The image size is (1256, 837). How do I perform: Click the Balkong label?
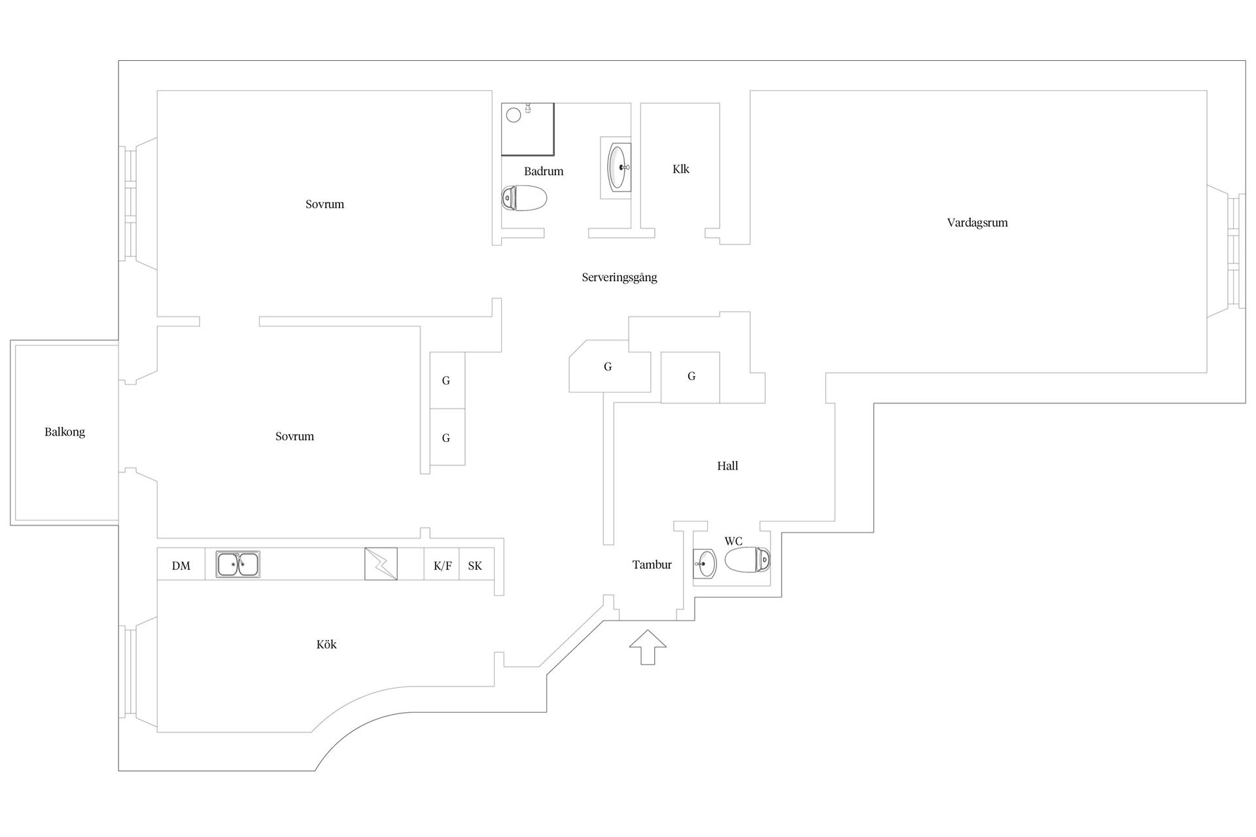coord(65,432)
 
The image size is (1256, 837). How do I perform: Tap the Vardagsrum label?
coord(977,223)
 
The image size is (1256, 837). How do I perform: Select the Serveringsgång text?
coord(619,277)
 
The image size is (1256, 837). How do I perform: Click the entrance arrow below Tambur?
coord(648,647)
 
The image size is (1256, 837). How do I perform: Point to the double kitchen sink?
coord(238,564)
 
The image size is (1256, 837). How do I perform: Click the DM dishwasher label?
coord(181,566)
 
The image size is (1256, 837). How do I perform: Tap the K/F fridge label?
coord(443,566)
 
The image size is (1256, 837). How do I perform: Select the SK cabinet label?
coord(475,566)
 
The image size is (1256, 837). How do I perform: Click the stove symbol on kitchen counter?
coord(381,564)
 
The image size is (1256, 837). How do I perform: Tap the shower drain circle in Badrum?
coord(514,115)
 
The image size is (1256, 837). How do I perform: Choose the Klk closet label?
coord(681,169)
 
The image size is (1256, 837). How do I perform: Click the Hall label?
coord(727,466)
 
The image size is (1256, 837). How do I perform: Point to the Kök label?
coord(326,645)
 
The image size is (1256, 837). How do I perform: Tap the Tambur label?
coord(652,565)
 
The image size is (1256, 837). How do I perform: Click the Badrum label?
coord(544,171)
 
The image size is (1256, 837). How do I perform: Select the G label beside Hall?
coord(691,376)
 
